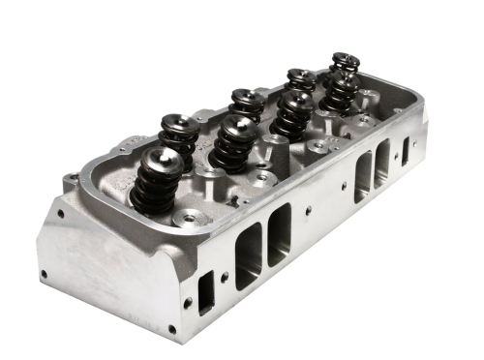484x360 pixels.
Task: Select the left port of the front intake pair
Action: click(248, 254)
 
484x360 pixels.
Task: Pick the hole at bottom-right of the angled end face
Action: click(172, 329)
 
